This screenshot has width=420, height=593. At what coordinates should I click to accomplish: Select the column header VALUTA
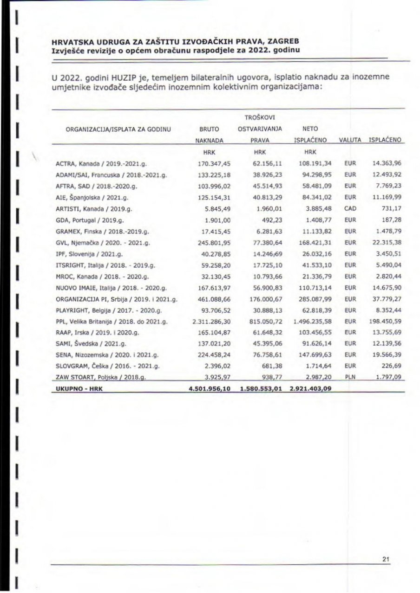tap(350, 139)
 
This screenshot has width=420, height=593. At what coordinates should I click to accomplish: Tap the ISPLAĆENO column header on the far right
tap(385, 139)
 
